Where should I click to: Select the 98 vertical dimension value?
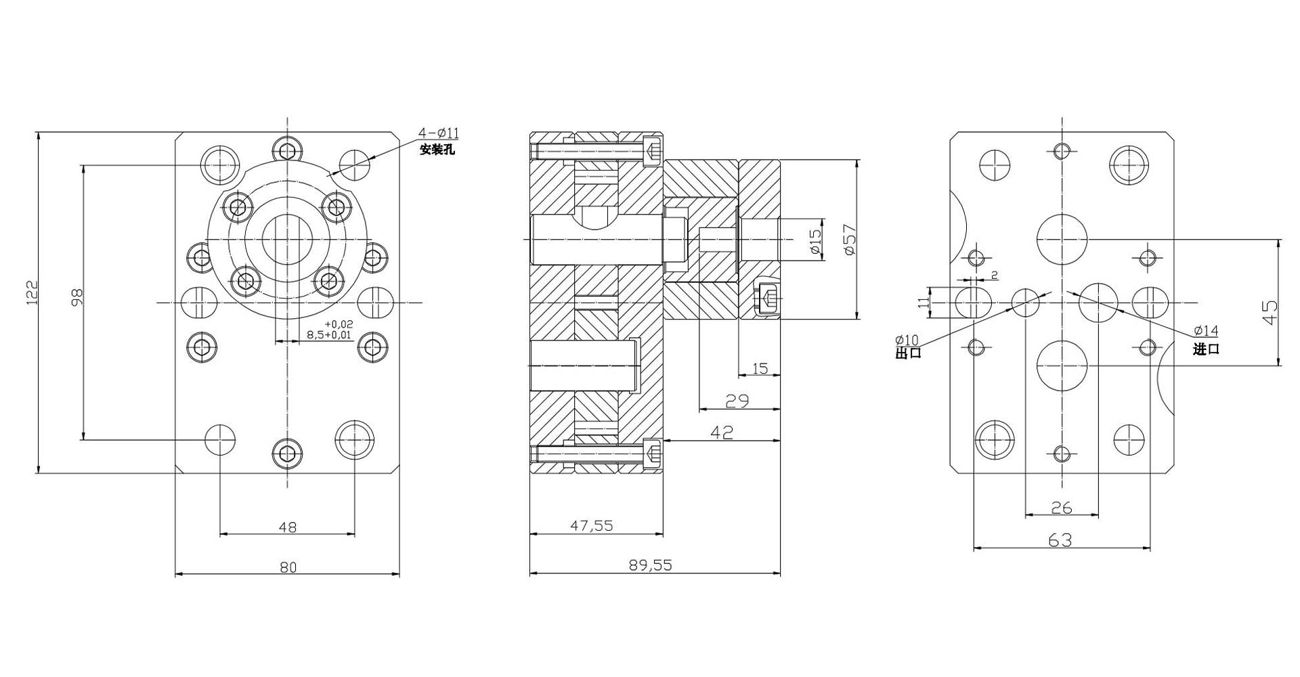point(77,297)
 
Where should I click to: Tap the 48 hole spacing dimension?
point(288,526)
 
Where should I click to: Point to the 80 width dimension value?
point(288,567)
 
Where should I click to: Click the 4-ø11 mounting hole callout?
point(438,133)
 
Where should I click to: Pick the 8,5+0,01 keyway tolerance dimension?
point(329,334)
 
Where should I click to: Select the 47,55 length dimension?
point(592,525)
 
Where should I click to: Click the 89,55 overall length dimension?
point(650,565)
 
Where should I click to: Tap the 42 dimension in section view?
point(722,432)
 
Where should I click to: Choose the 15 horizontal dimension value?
point(760,368)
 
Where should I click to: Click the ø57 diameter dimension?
point(850,239)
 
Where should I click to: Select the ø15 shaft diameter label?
point(815,242)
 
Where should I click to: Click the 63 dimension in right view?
point(1060,540)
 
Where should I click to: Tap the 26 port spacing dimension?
point(1062,507)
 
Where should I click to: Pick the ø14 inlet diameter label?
point(1206,330)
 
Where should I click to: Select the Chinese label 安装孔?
point(437,150)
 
